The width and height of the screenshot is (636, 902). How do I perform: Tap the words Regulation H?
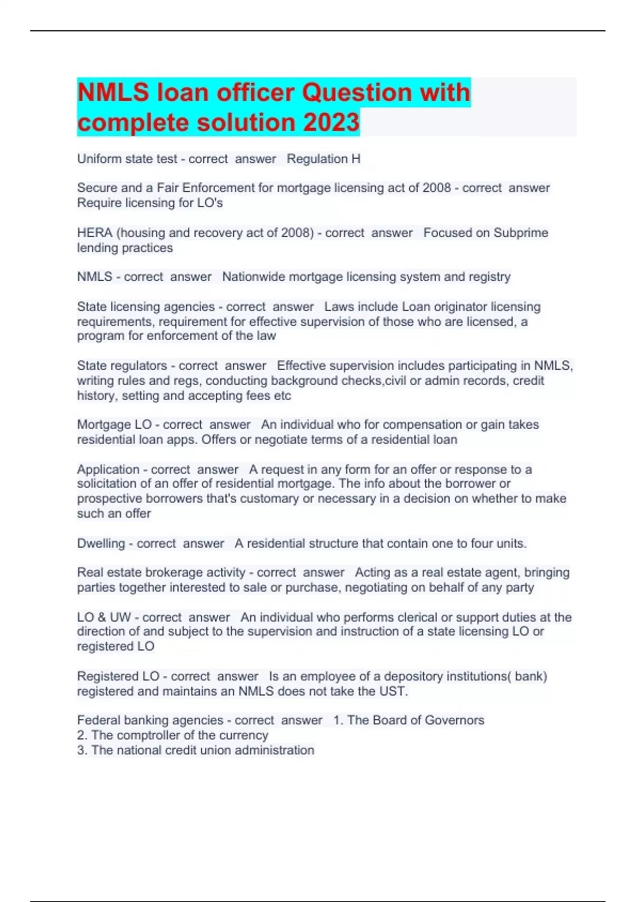pyautogui.click(x=323, y=159)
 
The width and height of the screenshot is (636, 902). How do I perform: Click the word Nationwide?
pyautogui.click(x=253, y=276)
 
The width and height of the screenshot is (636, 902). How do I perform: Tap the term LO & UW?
pyautogui.click(x=104, y=617)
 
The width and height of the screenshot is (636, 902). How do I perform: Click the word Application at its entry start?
pyautogui.click(x=108, y=469)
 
